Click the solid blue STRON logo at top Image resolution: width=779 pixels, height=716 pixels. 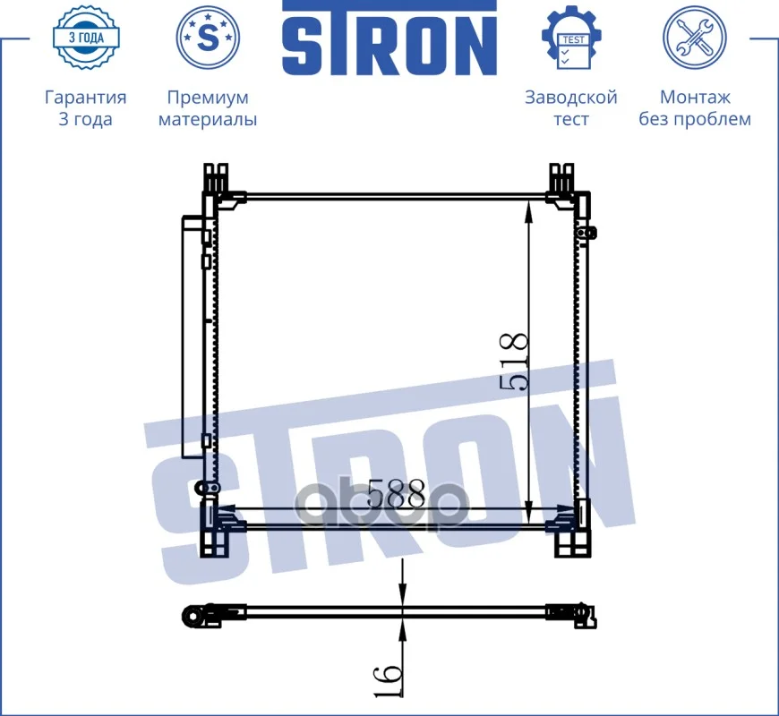pyautogui.click(x=389, y=38)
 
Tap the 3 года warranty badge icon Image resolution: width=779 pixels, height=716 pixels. pyautogui.click(x=86, y=38)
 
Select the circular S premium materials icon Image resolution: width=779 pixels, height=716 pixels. pyautogui.click(x=208, y=38)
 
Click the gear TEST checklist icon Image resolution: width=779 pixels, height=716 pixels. pyautogui.click(x=572, y=38)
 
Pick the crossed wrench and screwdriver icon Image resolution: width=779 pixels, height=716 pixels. pyautogui.click(x=695, y=38)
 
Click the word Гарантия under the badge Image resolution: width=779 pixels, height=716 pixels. pyautogui.click(x=85, y=98)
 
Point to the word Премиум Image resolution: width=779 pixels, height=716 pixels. pyautogui.click(x=208, y=98)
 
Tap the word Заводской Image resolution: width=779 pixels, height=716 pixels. pyautogui.click(x=571, y=98)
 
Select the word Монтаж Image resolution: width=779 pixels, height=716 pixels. pyautogui.click(x=695, y=98)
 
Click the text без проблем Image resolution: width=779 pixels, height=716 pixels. pyautogui.click(x=695, y=119)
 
